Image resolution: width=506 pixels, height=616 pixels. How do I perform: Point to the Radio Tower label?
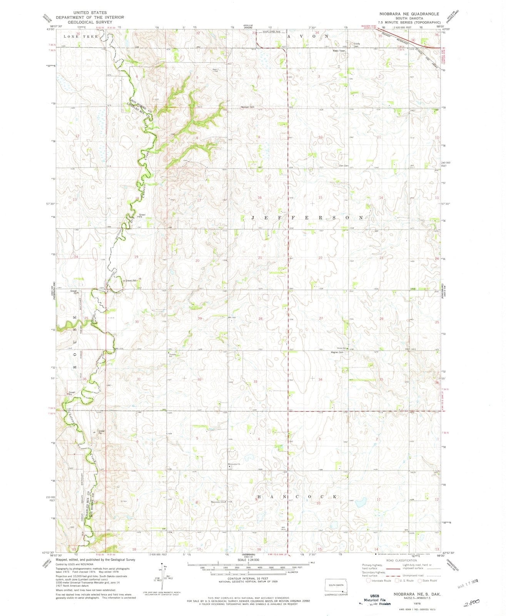[x=339, y=51]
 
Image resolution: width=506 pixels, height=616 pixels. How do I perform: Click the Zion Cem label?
[x=343, y=166]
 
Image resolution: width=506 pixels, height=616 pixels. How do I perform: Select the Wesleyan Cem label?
[x=248, y=107]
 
